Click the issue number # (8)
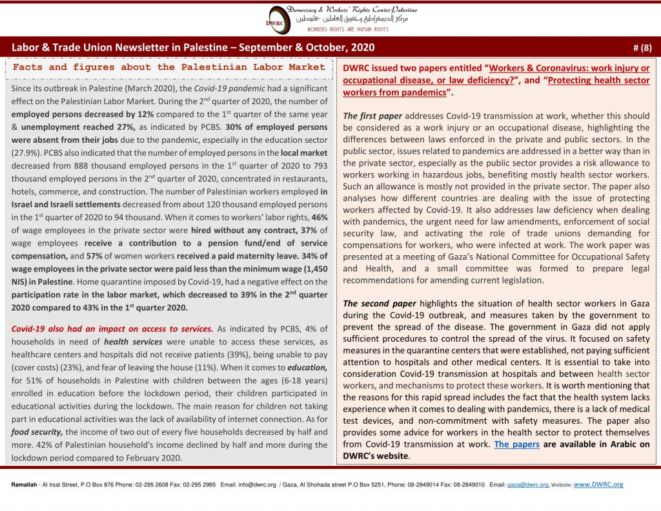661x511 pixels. (x=642, y=48)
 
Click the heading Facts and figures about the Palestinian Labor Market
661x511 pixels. (x=169, y=67)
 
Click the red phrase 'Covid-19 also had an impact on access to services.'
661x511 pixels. (x=112, y=328)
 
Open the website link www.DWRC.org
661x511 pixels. (x=598, y=485)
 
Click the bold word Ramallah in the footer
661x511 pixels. (x=24, y=485)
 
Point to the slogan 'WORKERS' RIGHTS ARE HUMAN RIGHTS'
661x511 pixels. (x=347, y=30)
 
